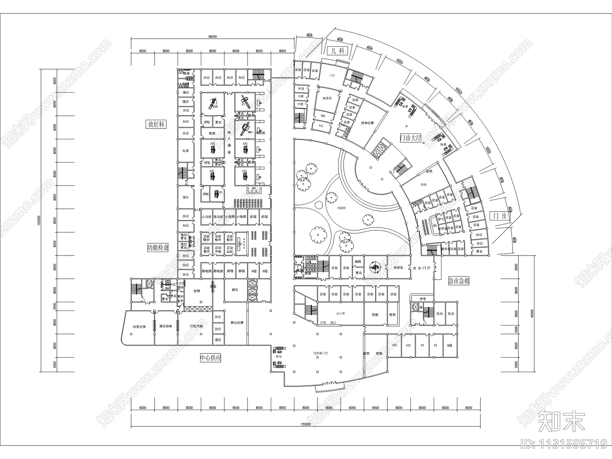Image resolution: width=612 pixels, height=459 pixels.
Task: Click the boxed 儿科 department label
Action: (338, 51)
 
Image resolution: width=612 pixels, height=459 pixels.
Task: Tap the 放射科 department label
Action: (156, 124)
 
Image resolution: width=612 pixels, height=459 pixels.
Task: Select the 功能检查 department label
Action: (158, 247)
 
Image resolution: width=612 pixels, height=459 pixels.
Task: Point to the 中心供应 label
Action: (210, 358)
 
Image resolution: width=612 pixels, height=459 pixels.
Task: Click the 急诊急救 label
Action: (459, 280)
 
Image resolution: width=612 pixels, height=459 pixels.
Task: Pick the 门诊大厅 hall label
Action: (410, 138)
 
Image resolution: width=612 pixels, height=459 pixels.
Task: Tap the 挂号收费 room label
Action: (367, 123)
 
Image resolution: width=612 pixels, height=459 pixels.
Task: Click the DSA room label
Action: (210, 107)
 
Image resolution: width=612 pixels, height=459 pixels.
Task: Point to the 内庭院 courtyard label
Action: (341, 208)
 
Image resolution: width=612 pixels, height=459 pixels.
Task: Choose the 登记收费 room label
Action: (237, 322)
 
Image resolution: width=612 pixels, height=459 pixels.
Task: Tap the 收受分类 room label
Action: (139, 327)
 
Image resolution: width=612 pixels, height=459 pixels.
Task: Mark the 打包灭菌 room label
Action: (196, 326)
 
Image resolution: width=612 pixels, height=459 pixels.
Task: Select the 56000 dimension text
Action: (213, 37)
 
